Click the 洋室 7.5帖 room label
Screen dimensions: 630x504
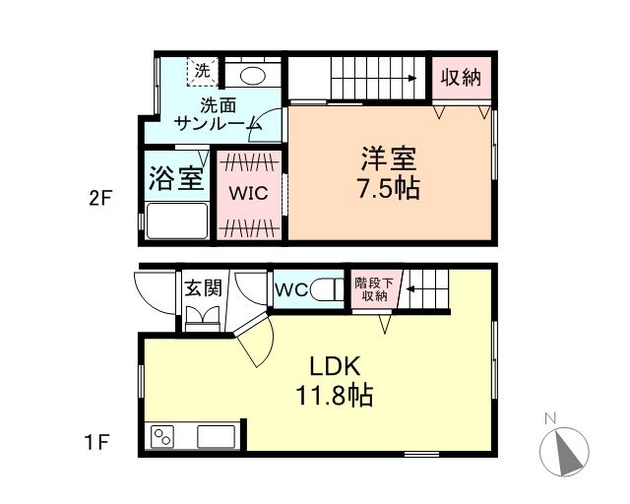pyautogui.click(x=389, y=173)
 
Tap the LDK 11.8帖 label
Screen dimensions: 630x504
pyautogui.click(x=335, y=381)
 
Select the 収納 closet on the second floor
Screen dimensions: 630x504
pyautogui.click(x=462, y=78)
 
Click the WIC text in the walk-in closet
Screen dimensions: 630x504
pyautogui.click(x=249, y=193)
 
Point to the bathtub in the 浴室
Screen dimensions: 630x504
pyautogui.click(x=177, y=220)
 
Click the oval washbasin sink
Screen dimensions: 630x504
pyautogui.click(x=252, y=75)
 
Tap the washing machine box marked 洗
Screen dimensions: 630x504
pyautogui.click(x=203, y=72)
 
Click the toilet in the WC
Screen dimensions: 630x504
pyautogui.click(x=327, y=289)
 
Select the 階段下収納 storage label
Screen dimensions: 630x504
pyautogui.click(x=374, y=289)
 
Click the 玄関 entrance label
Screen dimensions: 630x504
pyautogui.click(x=204, y=287)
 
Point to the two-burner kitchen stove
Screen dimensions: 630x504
pyautogui.click(x=162, y=436)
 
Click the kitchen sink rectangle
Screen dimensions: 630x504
pyautogui.click(x=216, y=436)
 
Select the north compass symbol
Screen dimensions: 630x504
pyautogui.click(x=564, y=451)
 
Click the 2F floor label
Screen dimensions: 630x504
pyautogui.click(x=99, y=199)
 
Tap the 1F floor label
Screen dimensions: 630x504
pyautogui.click(x=96, y=443)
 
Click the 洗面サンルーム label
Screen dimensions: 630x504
pyautogui.click(x=219, y=115)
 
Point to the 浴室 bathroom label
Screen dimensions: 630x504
pyautogui.click(x=177, y=177)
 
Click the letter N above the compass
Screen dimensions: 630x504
pyautogui.click(x=550, y=418)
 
